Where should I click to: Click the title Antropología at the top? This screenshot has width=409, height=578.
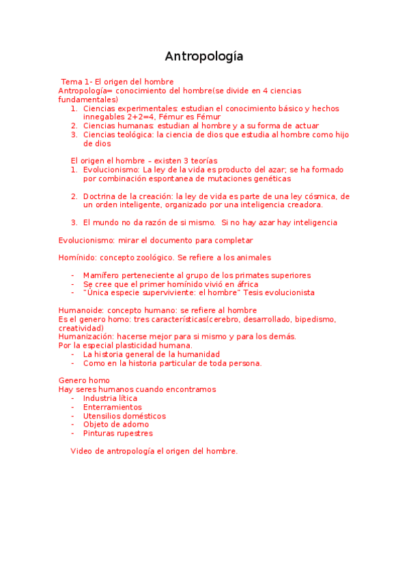coord(203,57)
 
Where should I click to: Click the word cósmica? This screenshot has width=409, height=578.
coord(320,196)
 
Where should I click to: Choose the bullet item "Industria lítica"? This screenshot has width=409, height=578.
coord(110,398)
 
